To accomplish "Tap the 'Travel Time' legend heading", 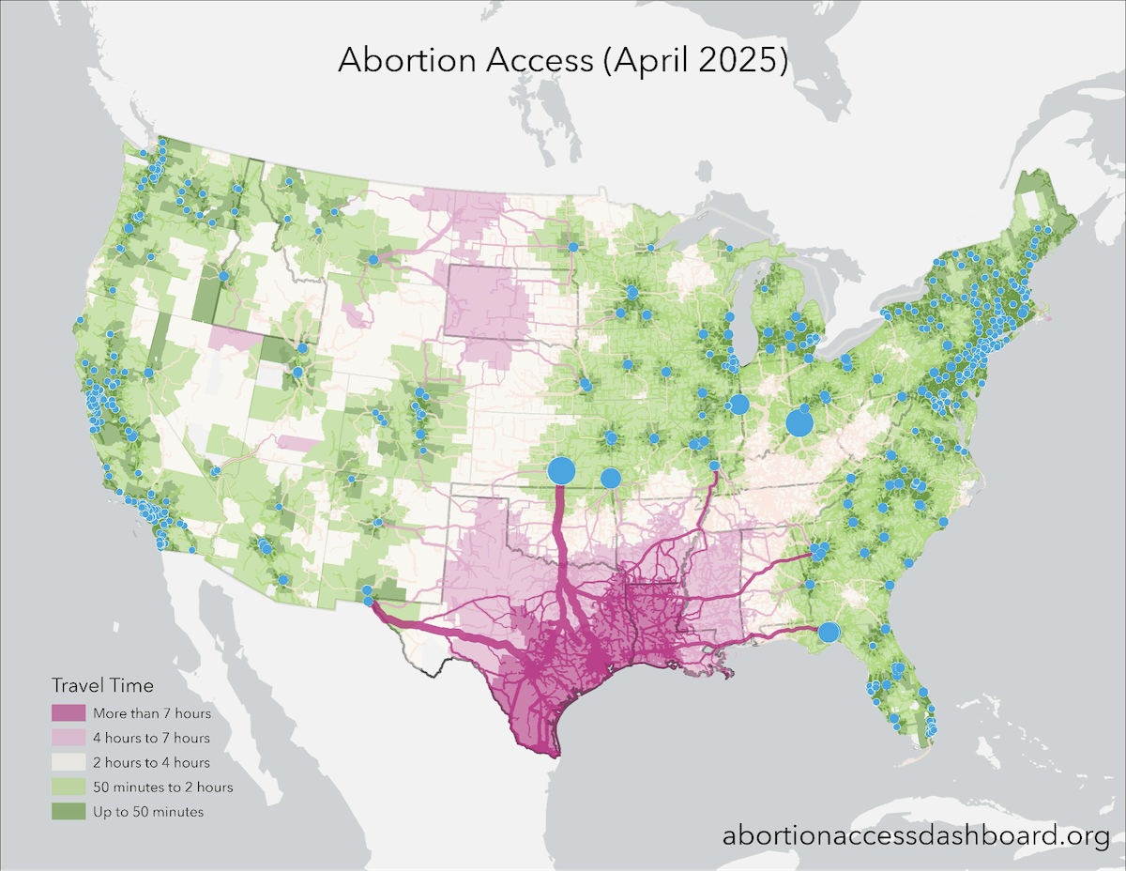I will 102,684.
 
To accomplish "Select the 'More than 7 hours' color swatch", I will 68,714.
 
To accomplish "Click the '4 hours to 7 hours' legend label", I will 151,739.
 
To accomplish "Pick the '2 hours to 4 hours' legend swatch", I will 68,763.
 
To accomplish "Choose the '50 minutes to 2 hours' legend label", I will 162,787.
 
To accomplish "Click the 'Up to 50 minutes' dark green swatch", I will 68,811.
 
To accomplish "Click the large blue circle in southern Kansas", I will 561,471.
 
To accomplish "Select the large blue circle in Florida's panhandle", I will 829,633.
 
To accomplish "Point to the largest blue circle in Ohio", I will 799,422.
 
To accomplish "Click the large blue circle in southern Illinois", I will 738,405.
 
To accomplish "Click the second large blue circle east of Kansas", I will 610,478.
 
